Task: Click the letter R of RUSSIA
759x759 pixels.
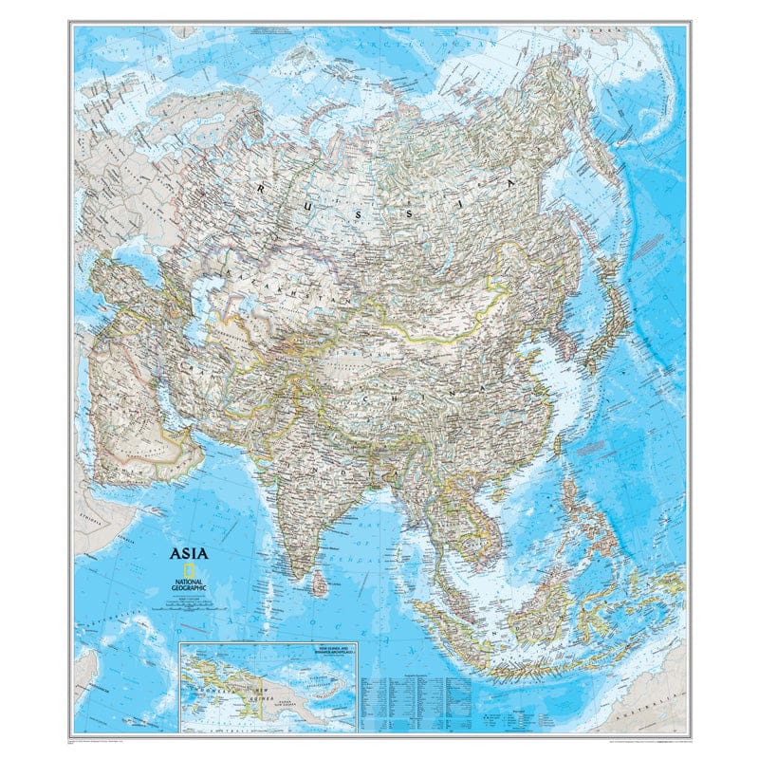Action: tap(262, 190)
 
